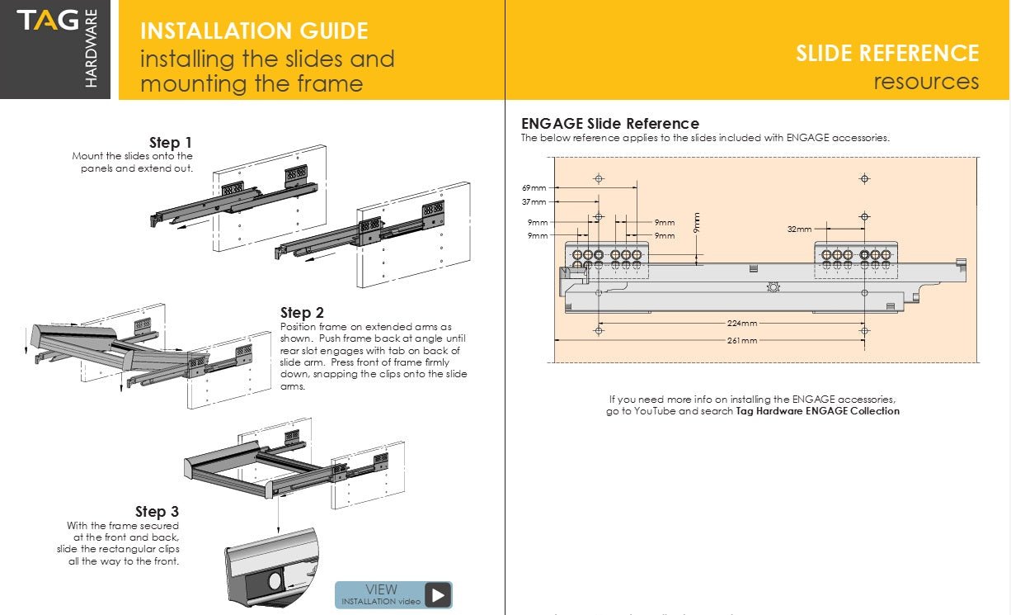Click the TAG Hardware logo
(55, 50)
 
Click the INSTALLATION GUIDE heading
(254, 31)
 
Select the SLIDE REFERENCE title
(886, 54)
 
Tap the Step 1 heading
(171, 143)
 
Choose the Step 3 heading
(157, 512)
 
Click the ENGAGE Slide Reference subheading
(609, 124)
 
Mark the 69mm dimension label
(534, 188)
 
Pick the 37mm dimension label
(534, 201)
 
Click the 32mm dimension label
(799, 229)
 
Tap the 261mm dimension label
(742, 340)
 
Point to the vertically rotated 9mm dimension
(697, 223)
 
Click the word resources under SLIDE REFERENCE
(926, 82)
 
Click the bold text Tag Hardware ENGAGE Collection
(817, 411)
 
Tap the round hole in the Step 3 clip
(275, 581)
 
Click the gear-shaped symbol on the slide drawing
(773, 286)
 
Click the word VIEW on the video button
(381, 589)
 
